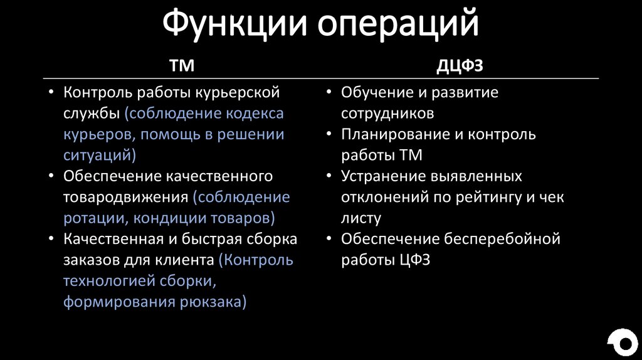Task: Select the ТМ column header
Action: tap(182, 65)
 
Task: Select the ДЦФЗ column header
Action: tap(460, 65)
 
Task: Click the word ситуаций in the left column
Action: tap(97, 154)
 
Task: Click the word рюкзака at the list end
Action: tap(211, 302)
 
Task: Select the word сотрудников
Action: tap(387, 114)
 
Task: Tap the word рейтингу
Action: tap(483, 197)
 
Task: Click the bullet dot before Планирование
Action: tap(329, 134)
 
